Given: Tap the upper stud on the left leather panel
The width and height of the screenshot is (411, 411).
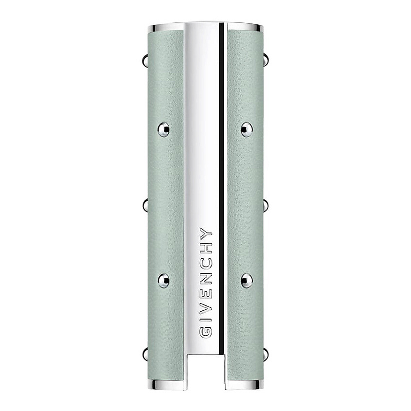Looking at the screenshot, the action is point(163,129).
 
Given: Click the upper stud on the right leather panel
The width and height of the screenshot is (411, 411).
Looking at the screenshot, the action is point(247,129).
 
